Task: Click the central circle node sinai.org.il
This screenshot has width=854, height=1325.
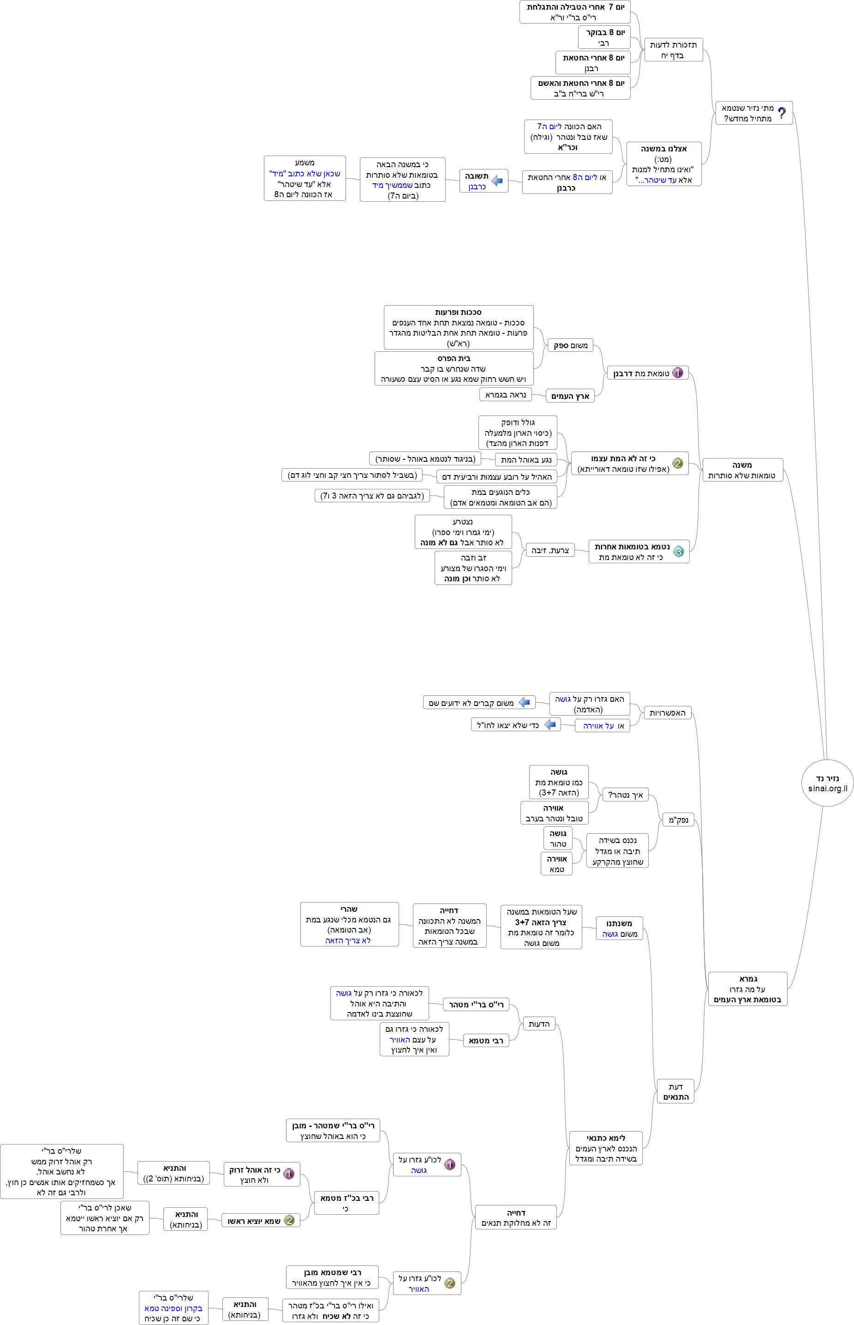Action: [827, 783]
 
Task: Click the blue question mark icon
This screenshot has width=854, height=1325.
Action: [782, 113]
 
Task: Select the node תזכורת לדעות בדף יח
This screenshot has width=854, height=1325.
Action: [673, 50]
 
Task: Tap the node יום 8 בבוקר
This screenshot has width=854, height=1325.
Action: [604, 37]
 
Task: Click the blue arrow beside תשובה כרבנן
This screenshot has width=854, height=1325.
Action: [497, 181]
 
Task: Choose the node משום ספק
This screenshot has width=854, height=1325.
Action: [570, 345]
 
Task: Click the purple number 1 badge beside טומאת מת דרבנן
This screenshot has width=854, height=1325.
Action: [677, 373]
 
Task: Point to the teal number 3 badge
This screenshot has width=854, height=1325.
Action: [678, 551]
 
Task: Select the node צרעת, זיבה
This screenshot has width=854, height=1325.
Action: [549, 550]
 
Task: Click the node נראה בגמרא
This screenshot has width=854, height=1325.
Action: [505, 395]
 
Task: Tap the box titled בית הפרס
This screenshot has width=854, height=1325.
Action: [454, 368]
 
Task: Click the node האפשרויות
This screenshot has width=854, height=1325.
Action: [667, 712]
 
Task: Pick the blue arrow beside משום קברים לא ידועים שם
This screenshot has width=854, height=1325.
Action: [525, 703]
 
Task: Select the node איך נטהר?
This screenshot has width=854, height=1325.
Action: [625, 795]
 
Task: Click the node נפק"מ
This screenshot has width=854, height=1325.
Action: [678, 819]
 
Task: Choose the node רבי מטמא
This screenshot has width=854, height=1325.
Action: [486, 1040]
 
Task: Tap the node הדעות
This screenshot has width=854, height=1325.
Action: [538, 1024]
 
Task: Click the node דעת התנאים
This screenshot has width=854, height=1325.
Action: [675, 1091]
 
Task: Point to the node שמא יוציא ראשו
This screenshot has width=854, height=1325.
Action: [261, 1220]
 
